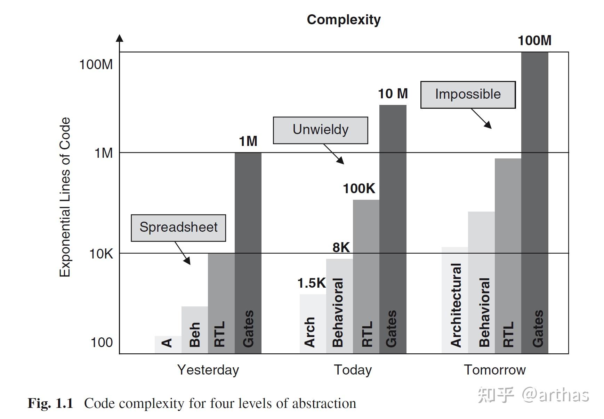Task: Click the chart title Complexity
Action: [344, 20]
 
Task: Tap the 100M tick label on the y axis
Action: [96, 65]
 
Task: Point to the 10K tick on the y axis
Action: [101, 254]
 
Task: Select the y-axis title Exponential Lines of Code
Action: [65, 197]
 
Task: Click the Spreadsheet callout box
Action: [178, 228]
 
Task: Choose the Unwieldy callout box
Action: [320, 130]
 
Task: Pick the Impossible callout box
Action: [468, 95]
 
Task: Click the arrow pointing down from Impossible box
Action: [482, 119]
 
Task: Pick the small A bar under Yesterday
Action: [168, 344]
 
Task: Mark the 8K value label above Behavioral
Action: [341, 248]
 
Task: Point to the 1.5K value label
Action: [311, 284]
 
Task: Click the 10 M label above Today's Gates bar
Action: [393, 94]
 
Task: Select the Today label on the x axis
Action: [353, 370]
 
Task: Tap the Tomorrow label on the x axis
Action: [494, 370]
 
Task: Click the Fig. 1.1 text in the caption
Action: [50, 403]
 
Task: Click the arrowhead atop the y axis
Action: [120, 38]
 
